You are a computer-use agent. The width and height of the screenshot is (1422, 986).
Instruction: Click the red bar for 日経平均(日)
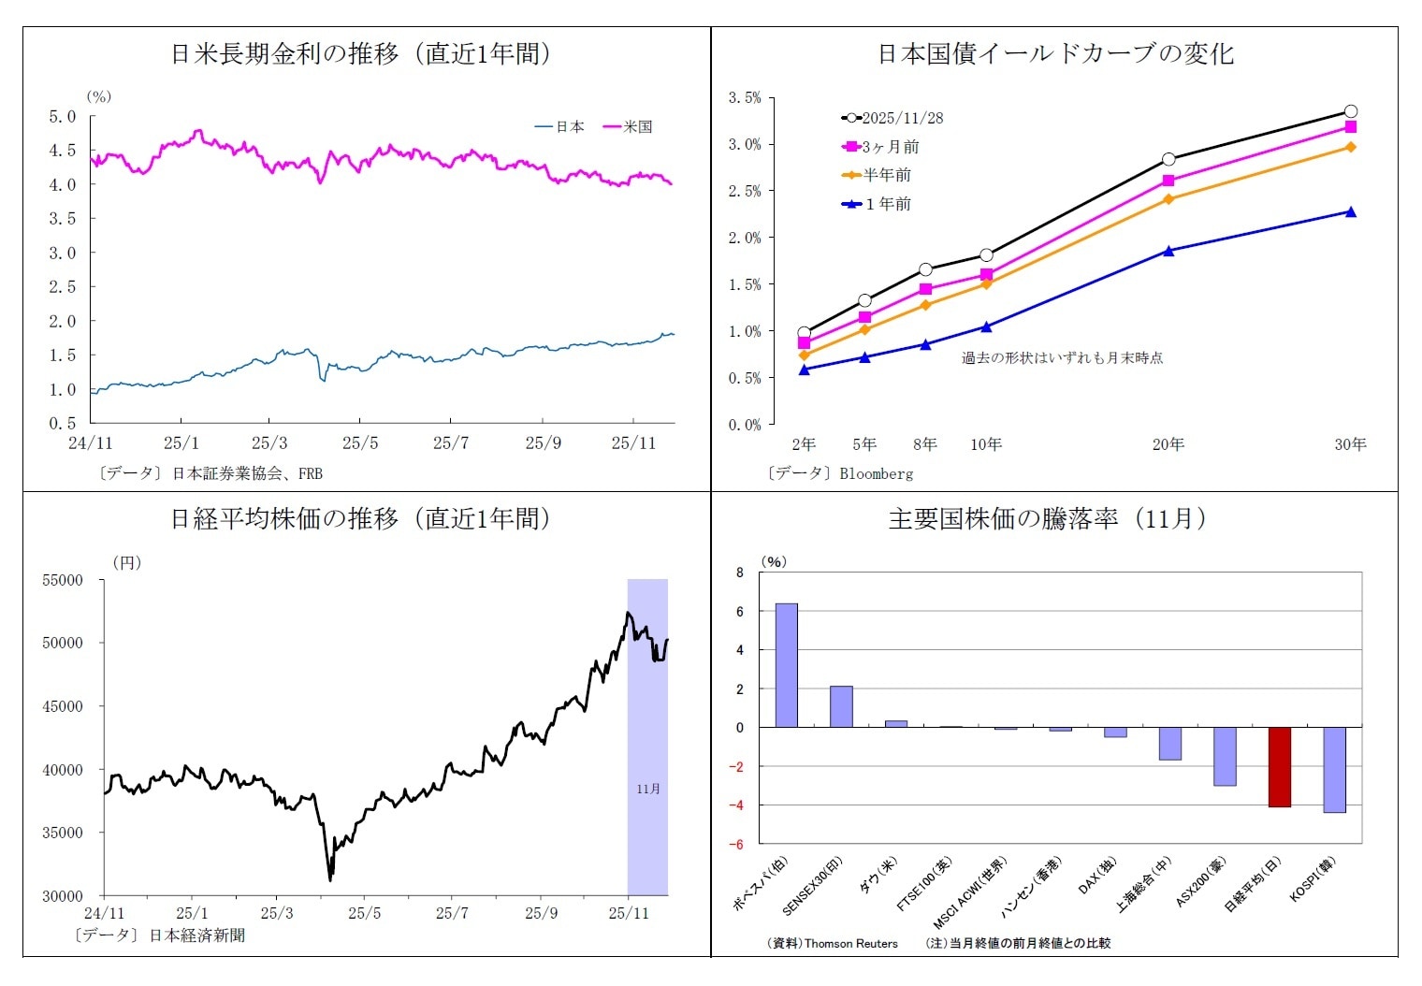tap(1279, 766)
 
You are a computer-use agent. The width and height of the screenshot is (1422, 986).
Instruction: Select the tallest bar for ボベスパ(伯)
tap(786, 665)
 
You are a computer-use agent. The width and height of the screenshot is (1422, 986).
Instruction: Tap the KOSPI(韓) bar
tap(1334, 769)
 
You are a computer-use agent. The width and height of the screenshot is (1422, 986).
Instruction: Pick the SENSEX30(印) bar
tap(841, 706)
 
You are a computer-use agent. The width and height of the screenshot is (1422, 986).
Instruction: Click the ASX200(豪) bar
tap(1225, 756)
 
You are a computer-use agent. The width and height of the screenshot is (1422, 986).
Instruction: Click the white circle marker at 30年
tap(1350, 111)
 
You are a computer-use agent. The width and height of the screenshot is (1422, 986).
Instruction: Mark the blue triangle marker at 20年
tap(1168, 251)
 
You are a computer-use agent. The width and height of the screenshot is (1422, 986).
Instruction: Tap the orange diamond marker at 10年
tap(986, 283)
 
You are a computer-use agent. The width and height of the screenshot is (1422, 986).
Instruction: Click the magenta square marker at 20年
tap(1168, 181)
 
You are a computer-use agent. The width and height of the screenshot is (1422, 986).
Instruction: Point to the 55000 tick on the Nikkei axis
tap(63, 580)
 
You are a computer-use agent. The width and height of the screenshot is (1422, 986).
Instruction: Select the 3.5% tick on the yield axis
tap(745, 97)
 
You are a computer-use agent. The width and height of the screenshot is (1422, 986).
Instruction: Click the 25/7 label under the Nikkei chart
tap(452, 913)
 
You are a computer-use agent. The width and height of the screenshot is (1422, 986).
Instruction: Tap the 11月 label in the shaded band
tap(647, 789)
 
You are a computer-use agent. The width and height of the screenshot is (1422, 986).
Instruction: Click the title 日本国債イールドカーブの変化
tap(1054, 54)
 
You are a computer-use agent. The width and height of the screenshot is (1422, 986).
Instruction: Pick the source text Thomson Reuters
tap(850, 943)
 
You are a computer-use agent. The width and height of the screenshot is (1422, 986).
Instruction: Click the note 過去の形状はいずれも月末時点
tap(1062, 357)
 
